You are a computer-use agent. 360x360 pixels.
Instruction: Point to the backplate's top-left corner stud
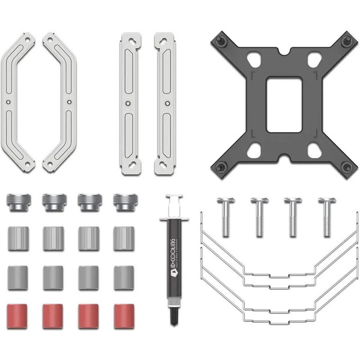click(x=220, y=41)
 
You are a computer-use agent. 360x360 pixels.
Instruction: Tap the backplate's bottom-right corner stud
click(x=346, y=166)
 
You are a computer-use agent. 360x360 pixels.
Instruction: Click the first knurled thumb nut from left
click(x=18, y=202)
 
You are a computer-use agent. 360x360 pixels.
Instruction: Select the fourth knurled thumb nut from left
click(x=124, y=202)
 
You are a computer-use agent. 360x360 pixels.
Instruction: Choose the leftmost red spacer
click(x=18, y=316)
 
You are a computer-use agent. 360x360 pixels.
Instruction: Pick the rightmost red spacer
click(x=124, y=316)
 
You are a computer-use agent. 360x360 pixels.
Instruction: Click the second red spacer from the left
click(x=53, y=316)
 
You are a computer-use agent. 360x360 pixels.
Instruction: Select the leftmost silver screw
click(x=224, y=215)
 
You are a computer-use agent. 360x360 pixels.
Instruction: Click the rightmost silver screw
click(x=326, y=215)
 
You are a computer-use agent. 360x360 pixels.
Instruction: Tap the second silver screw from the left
click(x=259, y=215)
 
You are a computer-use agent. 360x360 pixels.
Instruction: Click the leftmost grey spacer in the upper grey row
click(x=18, y=238)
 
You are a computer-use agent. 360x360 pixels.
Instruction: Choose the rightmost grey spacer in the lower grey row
click(x=124, y=277)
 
